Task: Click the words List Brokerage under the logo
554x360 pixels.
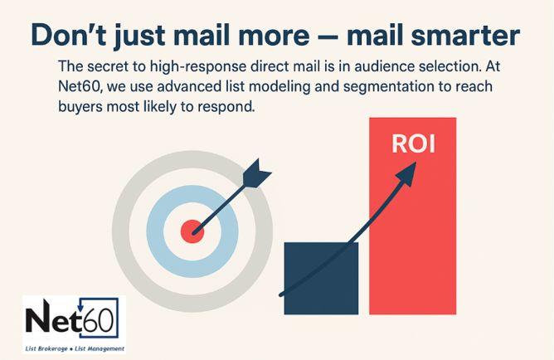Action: click(48, 348)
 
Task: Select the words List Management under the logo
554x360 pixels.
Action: click(100, 348)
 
